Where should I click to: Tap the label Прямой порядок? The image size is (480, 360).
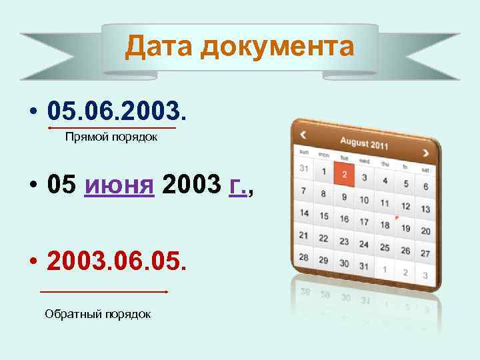click(111, 137)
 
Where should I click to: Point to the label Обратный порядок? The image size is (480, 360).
click(97, 313)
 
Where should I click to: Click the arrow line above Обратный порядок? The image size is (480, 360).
click(103, 291)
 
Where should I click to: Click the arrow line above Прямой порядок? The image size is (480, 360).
click(112, 127)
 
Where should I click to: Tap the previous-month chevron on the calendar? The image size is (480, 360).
click(303, 135)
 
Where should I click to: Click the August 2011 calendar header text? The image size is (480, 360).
click(364, 143)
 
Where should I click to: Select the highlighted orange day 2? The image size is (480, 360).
click(344, 175)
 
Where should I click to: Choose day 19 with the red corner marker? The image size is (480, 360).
click(405, 228)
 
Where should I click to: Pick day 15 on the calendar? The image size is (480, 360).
click(323, 216)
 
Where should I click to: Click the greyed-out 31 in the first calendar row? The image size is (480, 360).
click(304, 169)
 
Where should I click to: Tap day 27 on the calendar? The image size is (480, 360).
click(425, 254)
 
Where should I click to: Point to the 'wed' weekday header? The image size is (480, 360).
click(364, 161)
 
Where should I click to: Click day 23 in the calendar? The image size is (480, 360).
click(344, 241)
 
